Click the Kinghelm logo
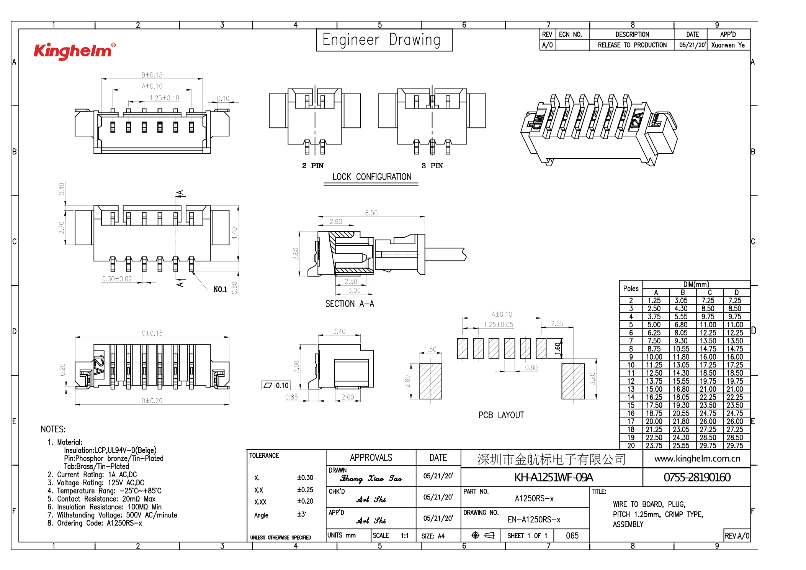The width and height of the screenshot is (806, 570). pos(74,51)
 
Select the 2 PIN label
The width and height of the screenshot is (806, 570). pos(312,166)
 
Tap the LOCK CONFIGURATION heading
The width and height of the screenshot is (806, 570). pos(371,177)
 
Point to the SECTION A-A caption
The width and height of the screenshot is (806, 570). pos(349,304)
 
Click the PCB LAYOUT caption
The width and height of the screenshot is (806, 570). pos(501,415)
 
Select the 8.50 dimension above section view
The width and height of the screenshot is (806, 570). pos(371,213)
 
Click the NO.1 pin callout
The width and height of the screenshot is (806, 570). pos(220,289)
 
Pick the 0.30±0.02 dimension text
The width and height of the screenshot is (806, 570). pos(117,279)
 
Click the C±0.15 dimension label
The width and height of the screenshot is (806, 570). pos(152,333)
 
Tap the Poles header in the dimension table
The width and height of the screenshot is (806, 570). pos(631,288)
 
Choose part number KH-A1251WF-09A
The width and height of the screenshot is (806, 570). pos(553,477)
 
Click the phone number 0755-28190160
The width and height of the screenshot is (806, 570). pos(696,477)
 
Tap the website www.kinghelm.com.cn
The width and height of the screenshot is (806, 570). pos(697,458)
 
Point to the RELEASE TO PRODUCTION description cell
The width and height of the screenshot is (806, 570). pos(632,45)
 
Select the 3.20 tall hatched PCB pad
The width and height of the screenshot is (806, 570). pos(573,381)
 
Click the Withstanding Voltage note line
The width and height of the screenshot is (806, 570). pos(117,515)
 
